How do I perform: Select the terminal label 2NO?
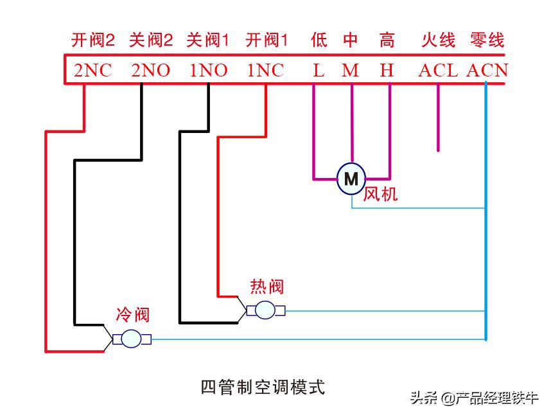click(150, 71)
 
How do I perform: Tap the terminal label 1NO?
click(208, 71)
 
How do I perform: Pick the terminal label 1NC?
click(265, 71)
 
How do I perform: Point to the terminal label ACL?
click(438, 71)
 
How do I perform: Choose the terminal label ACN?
click(487, 71)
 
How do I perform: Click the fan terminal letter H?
click(387, 71)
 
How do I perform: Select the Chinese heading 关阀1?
click(208, 40)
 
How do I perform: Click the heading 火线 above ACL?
click(438, 40)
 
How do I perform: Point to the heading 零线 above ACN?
click(487, 40)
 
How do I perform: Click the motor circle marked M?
click(351, 179)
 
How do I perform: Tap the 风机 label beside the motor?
click(381, 193)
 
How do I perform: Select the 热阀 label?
click(267, 287)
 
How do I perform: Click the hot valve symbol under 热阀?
click(265, 310)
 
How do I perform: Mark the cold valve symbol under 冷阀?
click(132, 339)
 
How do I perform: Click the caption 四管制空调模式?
click(263, 387)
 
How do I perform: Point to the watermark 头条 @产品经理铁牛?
click(474, 398)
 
